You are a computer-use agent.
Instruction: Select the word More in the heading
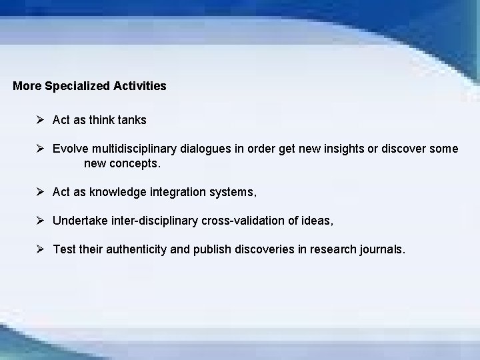pyautogui.click(x=26, y=86)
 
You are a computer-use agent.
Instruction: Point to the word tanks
pyautogui.click(x=132, y=121)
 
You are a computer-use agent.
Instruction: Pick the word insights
pyautogui.click(x=327, y=149)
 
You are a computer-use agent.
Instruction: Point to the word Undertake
pyautogui.click(x=79, y=221)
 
